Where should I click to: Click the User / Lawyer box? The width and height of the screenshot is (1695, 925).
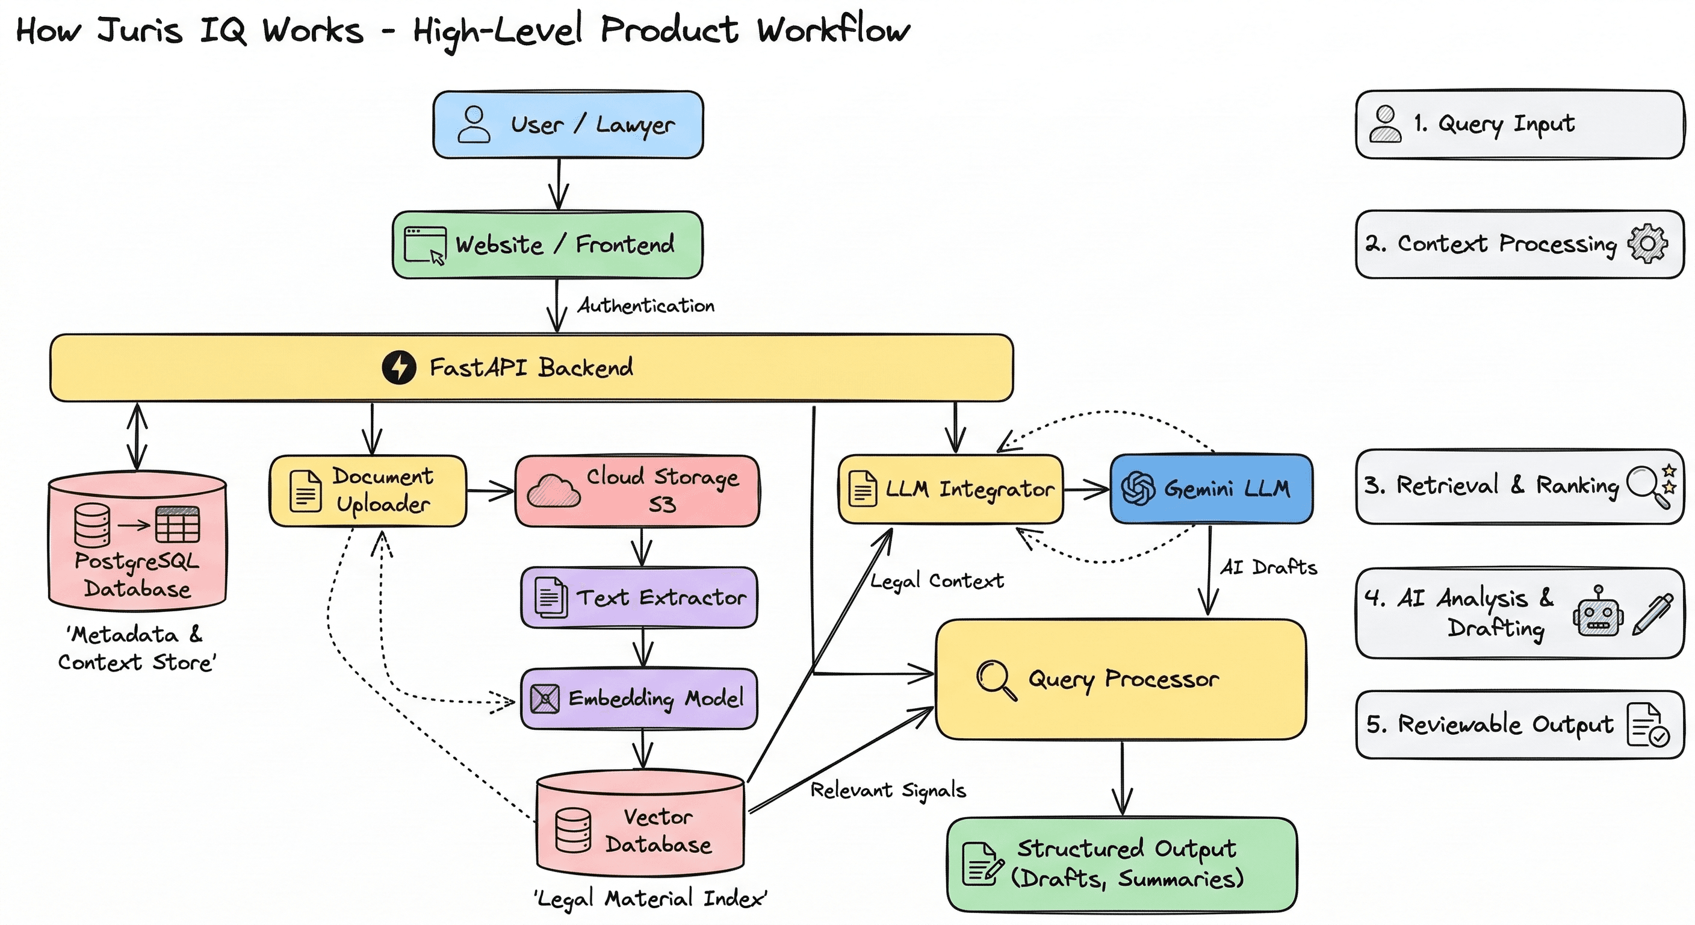pyautogui.click(x=568, y=125)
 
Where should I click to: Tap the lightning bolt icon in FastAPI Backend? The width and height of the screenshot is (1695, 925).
pyautogui.click(x=398, y=367)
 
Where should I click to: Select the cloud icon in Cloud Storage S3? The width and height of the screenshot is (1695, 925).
pyautogui.click(x=554, y=490)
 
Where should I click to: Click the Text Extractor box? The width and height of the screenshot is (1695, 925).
pyautogui.click(x=639, y=597)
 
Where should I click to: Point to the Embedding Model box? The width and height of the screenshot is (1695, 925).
pyautogui.click(x=639, y=699)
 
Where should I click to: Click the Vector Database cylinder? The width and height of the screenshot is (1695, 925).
pyautogui.click(x=640, y=826)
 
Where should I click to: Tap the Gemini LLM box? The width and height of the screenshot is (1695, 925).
pyautogui.click(x=1210, y=488)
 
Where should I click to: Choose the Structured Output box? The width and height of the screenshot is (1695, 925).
pyautogui.click(x=1121, y=864)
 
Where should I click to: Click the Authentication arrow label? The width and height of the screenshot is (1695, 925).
pyautogui.click(x=645, y=305)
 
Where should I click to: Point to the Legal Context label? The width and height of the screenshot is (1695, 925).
pyautogui.click(x=937, y=581)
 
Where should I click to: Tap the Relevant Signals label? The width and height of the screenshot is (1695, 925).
pyautogui.click(x=888, y=790)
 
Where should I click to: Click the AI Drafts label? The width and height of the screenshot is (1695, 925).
pyautogui.click(x=1268, y=567)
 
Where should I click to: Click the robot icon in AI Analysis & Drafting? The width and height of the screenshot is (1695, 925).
pyautogui.click(x=1597, y=612)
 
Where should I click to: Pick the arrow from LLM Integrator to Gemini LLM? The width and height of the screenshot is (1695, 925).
pyautogui.click(x=1086, y=489)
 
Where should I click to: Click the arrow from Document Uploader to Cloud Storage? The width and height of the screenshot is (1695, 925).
pyautogui.click(x=490, y=490)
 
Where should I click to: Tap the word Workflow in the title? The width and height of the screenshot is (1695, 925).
pyautogui.click(x=833, y=30)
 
